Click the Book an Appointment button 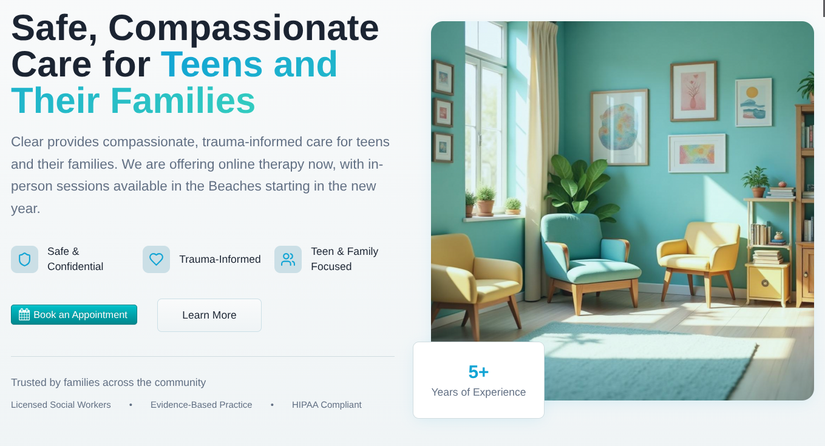(74, 314)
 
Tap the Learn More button (209, 316)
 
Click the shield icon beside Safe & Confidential (24, 259)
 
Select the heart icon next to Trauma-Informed (156, 259)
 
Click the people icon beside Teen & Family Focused (288, 259)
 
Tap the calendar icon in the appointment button (24, 314)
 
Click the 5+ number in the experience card (478, 371)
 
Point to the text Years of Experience (478, 392)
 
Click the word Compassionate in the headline (243, 29)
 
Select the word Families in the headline (183, 101)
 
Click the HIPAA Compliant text (327, 405)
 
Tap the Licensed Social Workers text (61, 405)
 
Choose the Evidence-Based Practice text (201, 405)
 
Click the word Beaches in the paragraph (234, 186)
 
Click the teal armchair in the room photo (589, 262)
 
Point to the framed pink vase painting (693, 92)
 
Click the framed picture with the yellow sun (753, 102)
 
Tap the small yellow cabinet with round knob (768, 284)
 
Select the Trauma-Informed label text (220, 259)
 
